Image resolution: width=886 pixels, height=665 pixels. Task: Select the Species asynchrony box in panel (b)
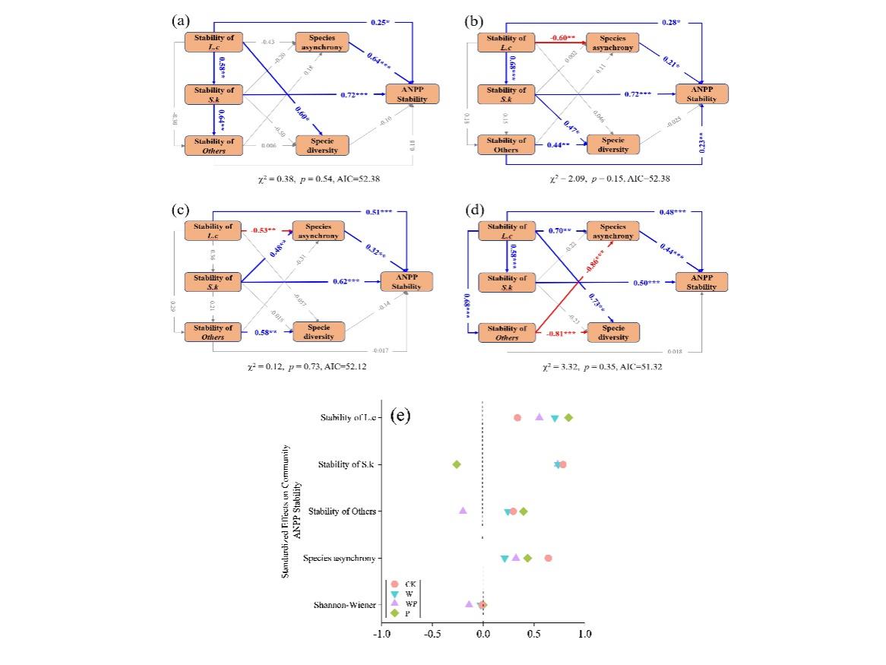(x=612, y=43)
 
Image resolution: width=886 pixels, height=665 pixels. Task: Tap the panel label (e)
(x=400, y=416)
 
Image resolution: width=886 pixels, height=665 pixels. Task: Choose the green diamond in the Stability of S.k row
(x=457, y=464)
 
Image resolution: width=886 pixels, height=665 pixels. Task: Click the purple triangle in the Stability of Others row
(x=463, y=511)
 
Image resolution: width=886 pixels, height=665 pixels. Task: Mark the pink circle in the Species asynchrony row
(x=548, y=558)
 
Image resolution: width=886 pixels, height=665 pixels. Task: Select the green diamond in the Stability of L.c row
(x=568, y=418)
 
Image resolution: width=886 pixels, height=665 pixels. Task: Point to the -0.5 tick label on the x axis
(x=431, y=632)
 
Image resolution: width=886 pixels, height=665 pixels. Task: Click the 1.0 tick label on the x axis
(x=584, y=632)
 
